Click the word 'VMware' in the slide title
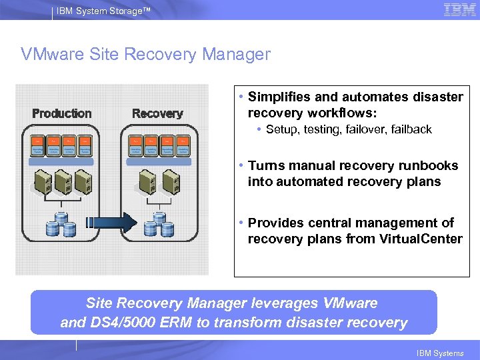[54, 54]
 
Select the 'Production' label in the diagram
[62, 113]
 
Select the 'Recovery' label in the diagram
[157, 113]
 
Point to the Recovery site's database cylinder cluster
[159, 225]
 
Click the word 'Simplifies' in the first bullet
[279, 97]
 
